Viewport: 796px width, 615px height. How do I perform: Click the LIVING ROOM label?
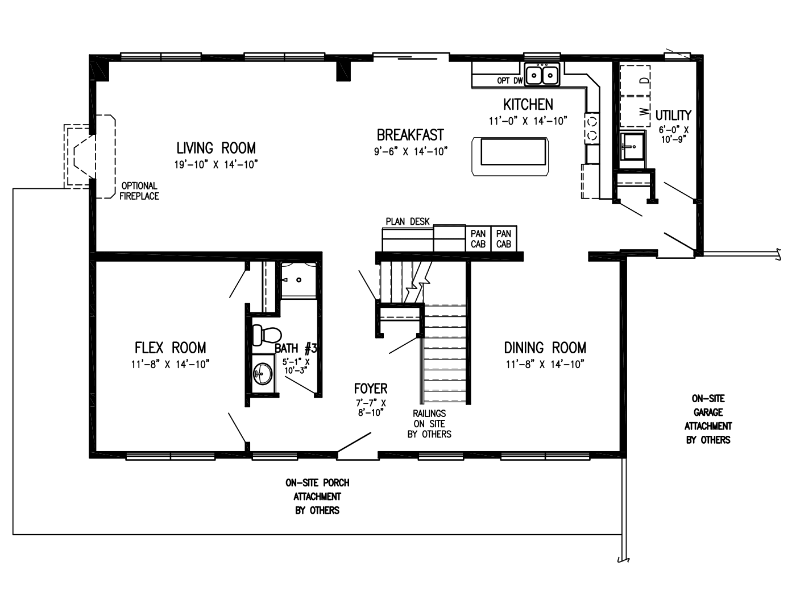point(216,148)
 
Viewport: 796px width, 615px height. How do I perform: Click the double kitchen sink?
point(542,75)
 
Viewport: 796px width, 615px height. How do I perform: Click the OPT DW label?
point(509,81)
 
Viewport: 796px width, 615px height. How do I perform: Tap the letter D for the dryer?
point(644,80)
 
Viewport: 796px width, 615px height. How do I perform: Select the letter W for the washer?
point(644,112)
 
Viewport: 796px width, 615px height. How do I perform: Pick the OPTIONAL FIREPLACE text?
point(139,191)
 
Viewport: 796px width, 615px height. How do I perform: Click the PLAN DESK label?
point(408,222)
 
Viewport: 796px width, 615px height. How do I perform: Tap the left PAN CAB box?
point(478,239)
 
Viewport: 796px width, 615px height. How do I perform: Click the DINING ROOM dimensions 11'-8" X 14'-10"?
point(545,365)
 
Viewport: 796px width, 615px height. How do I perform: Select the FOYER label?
point(371,389)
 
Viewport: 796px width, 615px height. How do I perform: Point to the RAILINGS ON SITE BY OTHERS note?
point(429,424)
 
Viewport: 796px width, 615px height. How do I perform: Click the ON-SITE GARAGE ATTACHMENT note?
point(708,419)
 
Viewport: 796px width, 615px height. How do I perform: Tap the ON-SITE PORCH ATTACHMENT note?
point(317,497)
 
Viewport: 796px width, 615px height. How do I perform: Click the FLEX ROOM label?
point(170,348)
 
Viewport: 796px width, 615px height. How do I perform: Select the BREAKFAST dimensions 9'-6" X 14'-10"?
point(411,151)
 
